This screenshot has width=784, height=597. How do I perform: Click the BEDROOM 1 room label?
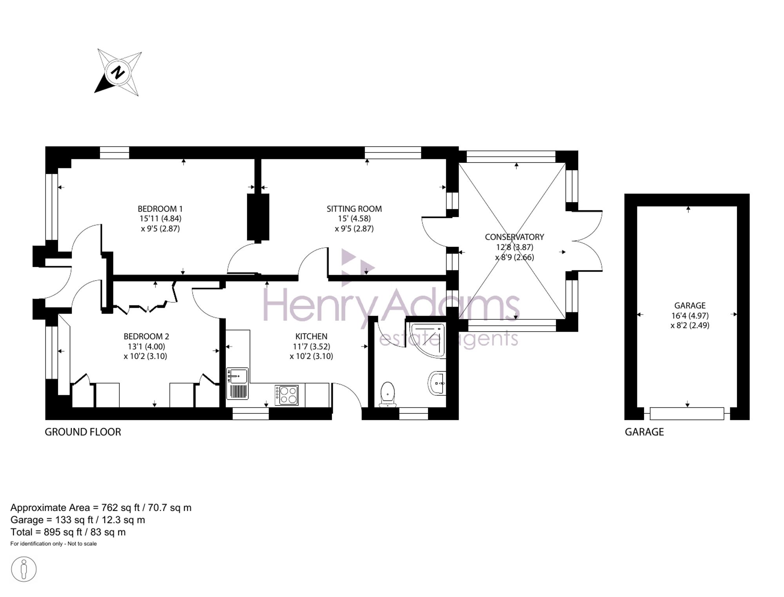tap(160, 209)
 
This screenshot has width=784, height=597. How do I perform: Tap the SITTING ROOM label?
tap(354, 209)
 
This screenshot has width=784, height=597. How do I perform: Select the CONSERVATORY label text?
tap(514, 237)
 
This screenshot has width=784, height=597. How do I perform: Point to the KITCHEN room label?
tap(311, 336)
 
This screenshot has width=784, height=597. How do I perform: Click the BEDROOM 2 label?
tap(146, 336)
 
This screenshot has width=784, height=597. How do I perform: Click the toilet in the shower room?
tap(387, 394)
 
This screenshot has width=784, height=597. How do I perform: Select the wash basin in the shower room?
tap(437, 383)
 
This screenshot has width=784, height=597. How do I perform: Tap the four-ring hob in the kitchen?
tap(287, 395)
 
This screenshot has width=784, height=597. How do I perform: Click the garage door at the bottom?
tap(687, 414)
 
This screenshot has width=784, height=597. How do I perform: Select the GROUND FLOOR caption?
tap(83, 432)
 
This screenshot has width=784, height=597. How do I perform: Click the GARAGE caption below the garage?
tap(644, 432)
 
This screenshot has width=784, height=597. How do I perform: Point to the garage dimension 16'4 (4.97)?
tap(690, 316)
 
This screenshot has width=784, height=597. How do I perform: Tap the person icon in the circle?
tap(24, 569)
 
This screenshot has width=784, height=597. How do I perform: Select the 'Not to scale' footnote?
tap(82, 544)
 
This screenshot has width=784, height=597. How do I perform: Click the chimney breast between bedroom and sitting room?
tap(258, 217)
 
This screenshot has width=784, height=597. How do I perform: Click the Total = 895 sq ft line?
tap(68, 532)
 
